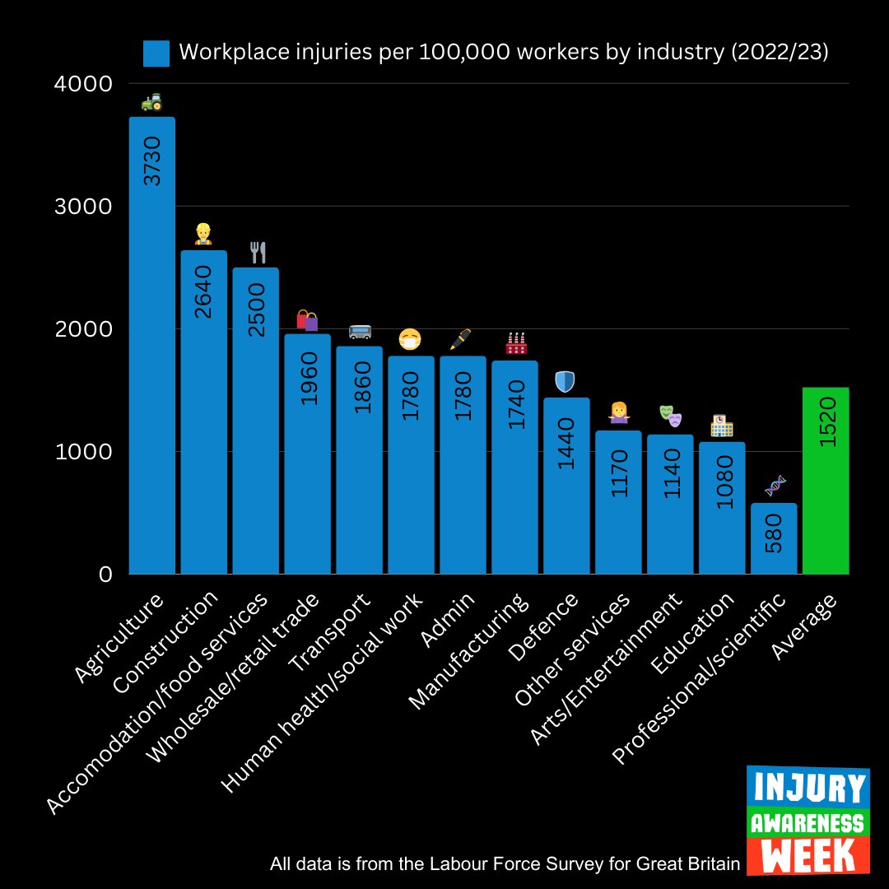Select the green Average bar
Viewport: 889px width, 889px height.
pos(826,494)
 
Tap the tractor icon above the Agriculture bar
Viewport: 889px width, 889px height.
pos(151,102)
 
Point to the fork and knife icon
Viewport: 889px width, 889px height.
pos(258,252)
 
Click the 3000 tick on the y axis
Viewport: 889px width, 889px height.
pos(83,206)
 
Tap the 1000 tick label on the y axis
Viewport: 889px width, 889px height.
pos(83,451)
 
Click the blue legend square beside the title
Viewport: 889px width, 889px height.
pos(156,54)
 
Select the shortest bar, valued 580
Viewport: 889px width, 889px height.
pos(774,539)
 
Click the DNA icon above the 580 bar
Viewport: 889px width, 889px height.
pos(775,486)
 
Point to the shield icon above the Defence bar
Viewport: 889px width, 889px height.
pos(566,381)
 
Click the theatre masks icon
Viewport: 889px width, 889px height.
pos(670,416)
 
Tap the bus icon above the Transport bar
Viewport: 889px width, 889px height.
pos(360,332)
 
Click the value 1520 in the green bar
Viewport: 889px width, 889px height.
pos(828,421)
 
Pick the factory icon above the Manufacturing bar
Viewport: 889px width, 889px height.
pos(516,344)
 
